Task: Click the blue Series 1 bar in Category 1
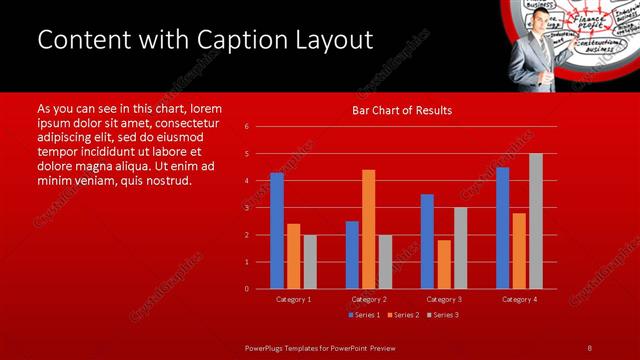point(277,231)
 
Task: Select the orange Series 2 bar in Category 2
point(368,229)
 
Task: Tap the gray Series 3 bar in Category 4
point(535,221)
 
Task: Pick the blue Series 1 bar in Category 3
point(427,241)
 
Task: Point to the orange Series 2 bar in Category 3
point(444,264)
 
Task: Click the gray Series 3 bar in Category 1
point(310,262)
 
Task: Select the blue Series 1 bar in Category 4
point(502,228)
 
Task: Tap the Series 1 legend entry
point(363,315)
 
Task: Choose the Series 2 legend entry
point(402,315)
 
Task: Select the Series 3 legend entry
point(441,315)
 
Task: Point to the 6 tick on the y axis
point(246,127)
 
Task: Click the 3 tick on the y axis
point(246,208)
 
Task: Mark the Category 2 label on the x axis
point(368,299)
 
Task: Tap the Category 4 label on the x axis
point(518,299)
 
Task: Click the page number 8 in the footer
point(589,347)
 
